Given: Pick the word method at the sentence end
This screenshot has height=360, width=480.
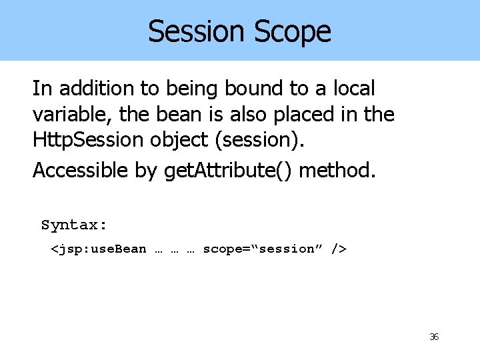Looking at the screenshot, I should pyautogui.click(x=337, y=171).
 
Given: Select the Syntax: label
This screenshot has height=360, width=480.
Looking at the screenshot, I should pyautogui.click(x=74, y=225).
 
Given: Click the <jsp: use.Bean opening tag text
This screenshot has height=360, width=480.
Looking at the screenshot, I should pyautogui.click(x=99, y=249).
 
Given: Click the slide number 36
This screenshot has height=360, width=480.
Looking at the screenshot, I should pyautogui.click(x=433, y=337).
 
